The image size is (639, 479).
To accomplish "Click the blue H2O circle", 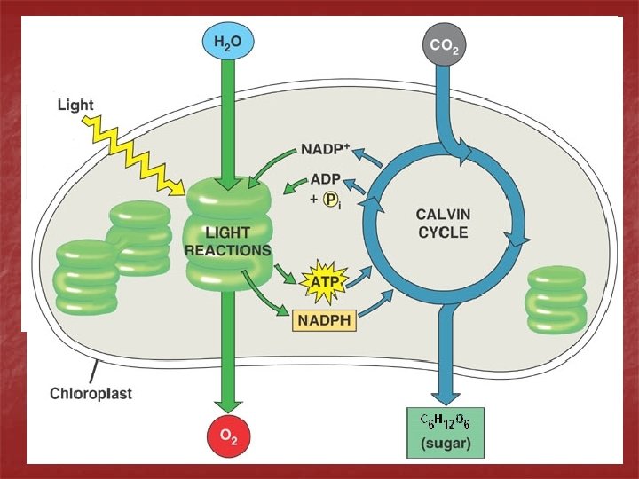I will coord(226,43).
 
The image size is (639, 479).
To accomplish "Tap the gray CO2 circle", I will coord(444,44).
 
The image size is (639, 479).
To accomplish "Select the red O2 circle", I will coord(228,436).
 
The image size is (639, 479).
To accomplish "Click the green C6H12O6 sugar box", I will coord(445,433).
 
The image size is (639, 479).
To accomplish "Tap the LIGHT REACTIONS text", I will coord(227,241).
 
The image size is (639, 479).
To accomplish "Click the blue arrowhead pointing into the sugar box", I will coord(445,396).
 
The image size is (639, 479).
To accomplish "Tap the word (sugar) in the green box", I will coord(445,443).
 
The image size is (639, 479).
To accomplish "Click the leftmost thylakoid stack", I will coord(86,277).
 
